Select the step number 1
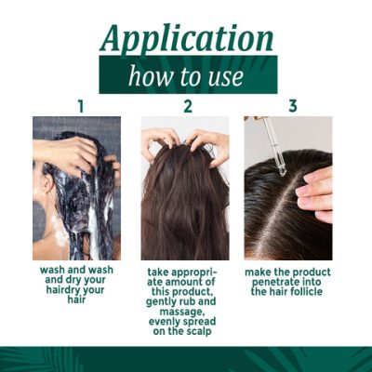tap(80, 106)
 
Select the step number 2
tap(187, 106)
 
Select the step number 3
tap(293, 106)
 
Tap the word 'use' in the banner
tap(228, 75)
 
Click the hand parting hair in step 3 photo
tap(315, 191)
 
